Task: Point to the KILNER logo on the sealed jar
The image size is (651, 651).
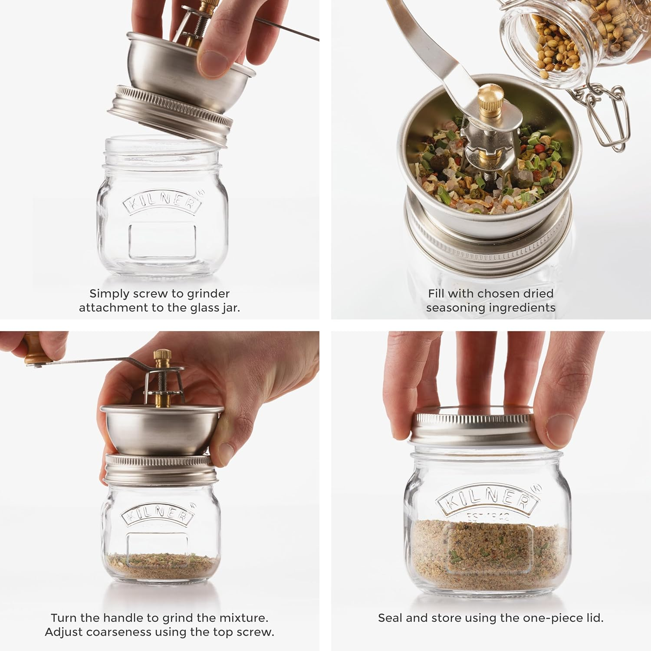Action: point(488,500)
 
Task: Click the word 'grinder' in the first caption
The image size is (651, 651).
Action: point(207,294)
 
